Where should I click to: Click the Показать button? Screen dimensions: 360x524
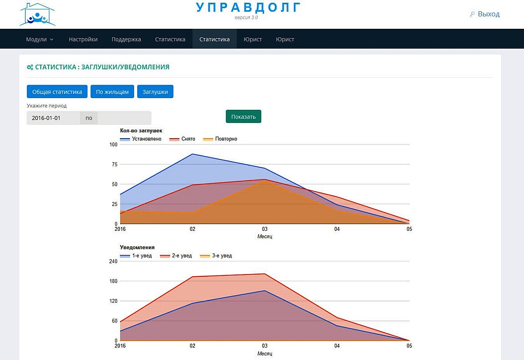243,117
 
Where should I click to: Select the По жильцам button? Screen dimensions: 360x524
112,92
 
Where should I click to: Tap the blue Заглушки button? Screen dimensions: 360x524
155,92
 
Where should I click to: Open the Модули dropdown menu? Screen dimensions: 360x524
40,39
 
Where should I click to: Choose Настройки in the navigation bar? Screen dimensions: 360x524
83,39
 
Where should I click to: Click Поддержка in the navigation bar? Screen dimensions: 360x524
126,39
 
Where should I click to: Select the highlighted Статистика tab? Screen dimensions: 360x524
215,39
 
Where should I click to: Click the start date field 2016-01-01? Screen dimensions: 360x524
53,118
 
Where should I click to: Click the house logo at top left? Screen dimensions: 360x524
37,15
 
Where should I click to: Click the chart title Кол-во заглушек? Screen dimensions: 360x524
141,130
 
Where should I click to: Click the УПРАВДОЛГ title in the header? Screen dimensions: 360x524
248,8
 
